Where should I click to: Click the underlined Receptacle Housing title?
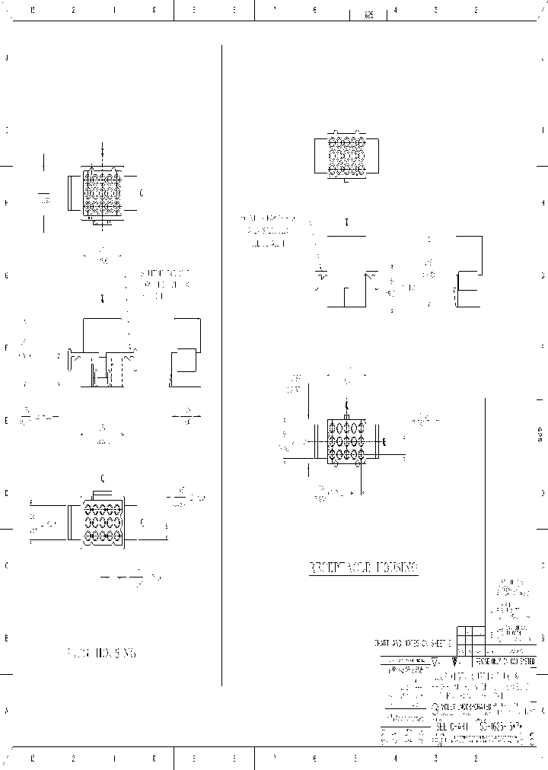(x=363, y=568)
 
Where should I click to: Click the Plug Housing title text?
(x=103, y=653)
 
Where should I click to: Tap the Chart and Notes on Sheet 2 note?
(x=414, y=643)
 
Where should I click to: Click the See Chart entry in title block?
(x=452, y=727)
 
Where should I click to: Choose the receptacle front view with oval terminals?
(x=346, y=441)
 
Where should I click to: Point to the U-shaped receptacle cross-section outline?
(x=347, y=289)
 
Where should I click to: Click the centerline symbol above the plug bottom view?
(x=103, y=478)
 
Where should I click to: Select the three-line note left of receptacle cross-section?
(x=266, y=231)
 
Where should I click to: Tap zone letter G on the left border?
(x=6, y=275)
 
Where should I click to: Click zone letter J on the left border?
(x=6, y=58)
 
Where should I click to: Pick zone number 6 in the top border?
(x=314, y=10)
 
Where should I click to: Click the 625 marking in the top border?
(x=369, y=14)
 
